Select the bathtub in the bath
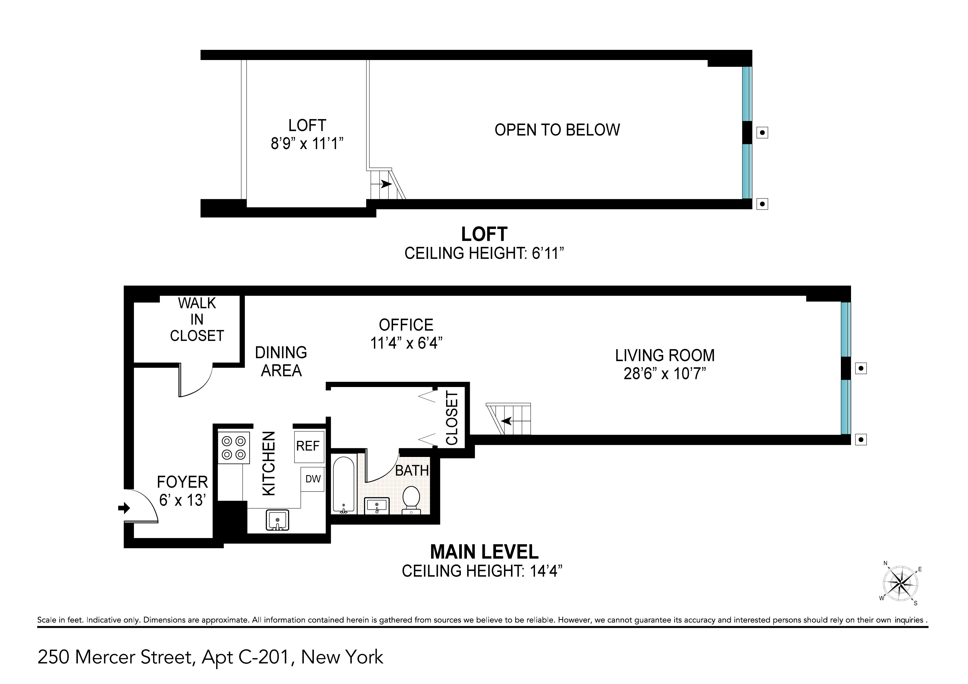coord(344,485)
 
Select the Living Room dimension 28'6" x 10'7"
coord(665,373)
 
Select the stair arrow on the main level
coord(506,421)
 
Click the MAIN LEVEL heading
coord(484,552)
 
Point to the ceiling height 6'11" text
coord(484,253)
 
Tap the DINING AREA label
coord(281,362)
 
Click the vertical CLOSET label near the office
coord(451,418)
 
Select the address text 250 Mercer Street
coord(116,657)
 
